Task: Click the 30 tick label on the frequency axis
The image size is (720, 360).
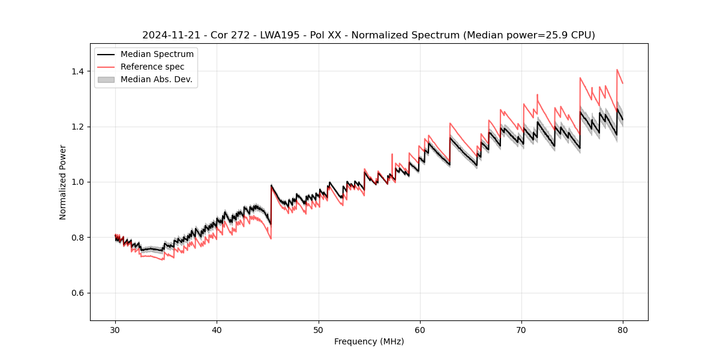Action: pyautogui.click(x=115, y=329)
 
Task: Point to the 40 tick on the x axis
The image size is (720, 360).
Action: pyautogui.click(x=217, y=329)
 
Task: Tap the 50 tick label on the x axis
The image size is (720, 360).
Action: pyautogui.click(x=318, y=329)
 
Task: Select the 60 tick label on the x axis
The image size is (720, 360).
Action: pyautogui.click(x=419, y=329)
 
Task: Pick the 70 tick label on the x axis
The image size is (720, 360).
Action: pyautogui.click(x=521, y=329)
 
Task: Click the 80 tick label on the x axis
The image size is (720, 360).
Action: pyautogui.click(x=623, y=329)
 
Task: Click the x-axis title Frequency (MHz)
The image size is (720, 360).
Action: pyautogui.click(x=369, y=341)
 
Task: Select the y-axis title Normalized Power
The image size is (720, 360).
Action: pyautogui.click(x=63, y=182)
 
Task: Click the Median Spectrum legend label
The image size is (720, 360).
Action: pyautogui.click(x=157, y=55)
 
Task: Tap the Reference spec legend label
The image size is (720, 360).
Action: pyautogui.click(x=152, y=67)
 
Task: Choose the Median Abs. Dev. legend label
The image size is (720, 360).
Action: pyautogui.click(x=157, y=79)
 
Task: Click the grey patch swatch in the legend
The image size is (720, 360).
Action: pyautogui.click(x=106, y=79)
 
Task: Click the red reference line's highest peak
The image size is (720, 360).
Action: pyautogui.click(x=617, y=70)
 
